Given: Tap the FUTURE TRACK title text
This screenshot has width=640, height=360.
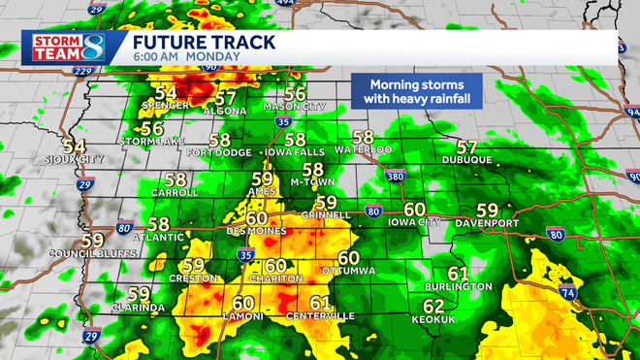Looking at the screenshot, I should click(x=204, y=42).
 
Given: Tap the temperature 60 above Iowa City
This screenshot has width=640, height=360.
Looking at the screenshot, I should click(x=415, y=209).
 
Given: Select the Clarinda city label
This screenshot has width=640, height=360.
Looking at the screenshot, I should click(x=139, y=308).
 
